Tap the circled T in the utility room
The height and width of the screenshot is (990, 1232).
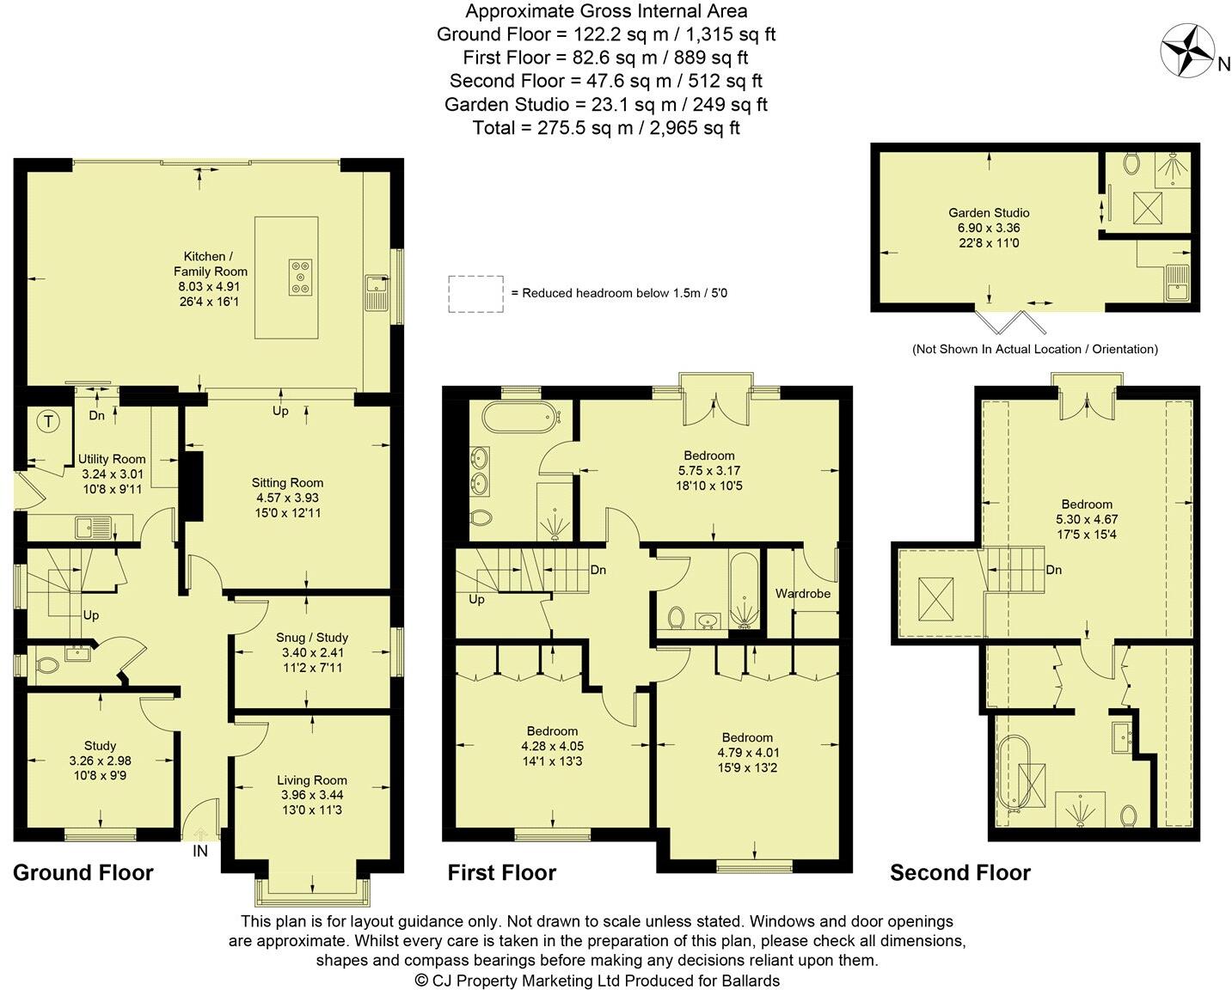point(49,421)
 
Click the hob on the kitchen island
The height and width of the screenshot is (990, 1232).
point(301,277)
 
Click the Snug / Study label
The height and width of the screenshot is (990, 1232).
point(312,638)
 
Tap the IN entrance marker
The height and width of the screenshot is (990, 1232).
point(200,851)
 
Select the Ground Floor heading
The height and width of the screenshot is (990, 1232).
point(83,873)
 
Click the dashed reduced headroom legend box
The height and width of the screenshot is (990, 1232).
point(475,293)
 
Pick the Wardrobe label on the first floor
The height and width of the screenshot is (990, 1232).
point(803,593)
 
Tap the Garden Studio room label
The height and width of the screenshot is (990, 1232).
point(989,213)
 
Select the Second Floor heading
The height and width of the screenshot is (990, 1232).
point(959,873)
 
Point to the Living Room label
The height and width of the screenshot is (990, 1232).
point(312,780)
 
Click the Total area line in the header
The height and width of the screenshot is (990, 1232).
point(606,128)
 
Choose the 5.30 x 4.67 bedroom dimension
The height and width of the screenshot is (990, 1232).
point(1087,519)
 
